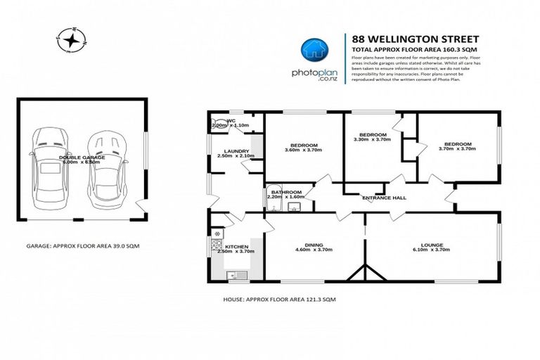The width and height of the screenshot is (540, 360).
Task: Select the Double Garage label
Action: coord(82,157)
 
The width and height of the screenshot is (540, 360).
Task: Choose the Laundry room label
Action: coord(233,151)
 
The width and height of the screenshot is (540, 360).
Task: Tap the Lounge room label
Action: coord(432,245)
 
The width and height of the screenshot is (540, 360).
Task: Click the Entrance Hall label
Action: coord(384,198)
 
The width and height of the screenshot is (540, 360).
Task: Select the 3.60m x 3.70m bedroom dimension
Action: coord(302,149)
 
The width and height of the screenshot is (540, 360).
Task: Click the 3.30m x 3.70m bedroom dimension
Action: coord(373,140)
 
